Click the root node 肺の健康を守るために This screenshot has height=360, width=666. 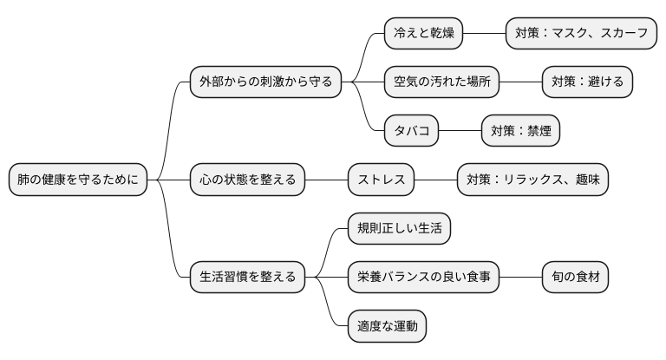click(78, 180)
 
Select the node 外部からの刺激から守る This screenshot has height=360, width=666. click(265, 82)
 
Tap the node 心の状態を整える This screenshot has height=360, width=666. click(247, 180)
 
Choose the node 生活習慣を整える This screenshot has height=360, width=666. click(247, 278)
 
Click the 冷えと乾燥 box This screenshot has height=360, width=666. click(423, 34)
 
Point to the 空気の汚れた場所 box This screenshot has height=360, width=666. click(441, 82)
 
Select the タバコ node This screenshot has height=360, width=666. click(411, 132)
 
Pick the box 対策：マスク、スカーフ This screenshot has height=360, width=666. click(581, 34)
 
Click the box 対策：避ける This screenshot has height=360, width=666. click(587, 82)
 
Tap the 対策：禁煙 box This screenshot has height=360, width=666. click(520, 132)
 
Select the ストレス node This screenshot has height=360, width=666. click(381, 180)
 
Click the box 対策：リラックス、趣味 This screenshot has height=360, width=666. click(532, 180)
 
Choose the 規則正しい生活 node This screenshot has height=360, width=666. click(399, 229)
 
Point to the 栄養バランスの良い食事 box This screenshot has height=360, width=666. click(423, 278)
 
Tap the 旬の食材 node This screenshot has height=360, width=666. click(575, 278)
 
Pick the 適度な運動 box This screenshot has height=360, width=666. click(387, 327)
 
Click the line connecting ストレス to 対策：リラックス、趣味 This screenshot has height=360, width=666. click(435, 180)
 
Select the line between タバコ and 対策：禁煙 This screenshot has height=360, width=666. click(460, 132)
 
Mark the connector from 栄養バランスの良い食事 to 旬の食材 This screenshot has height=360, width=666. click(520, 278)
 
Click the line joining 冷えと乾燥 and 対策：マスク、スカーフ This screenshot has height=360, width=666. click(484, 34)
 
